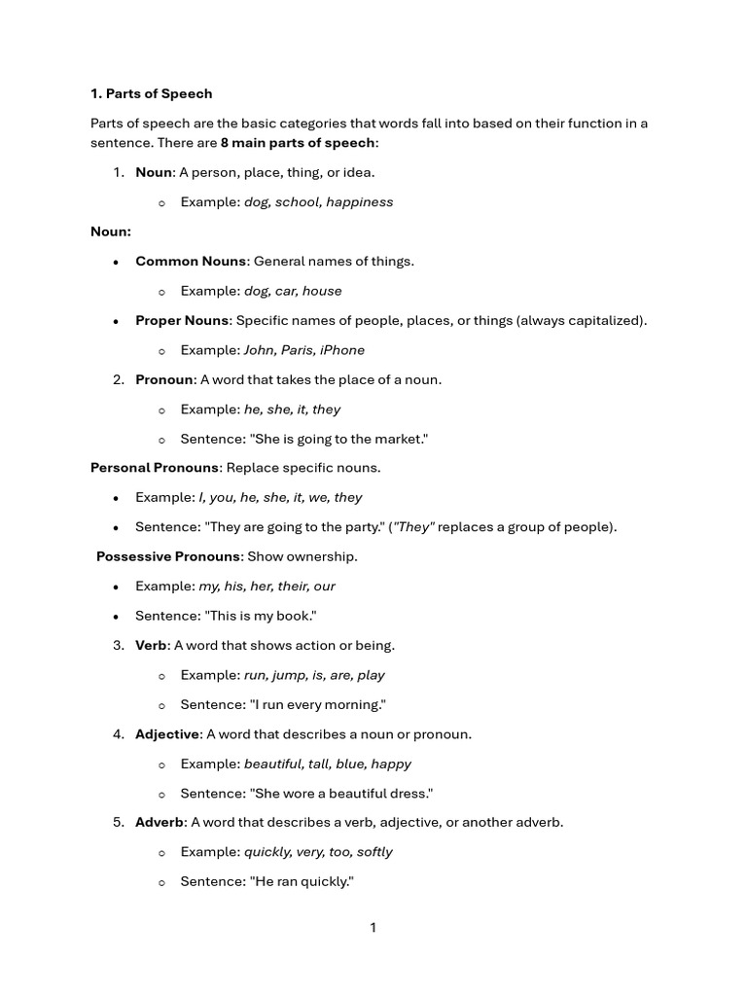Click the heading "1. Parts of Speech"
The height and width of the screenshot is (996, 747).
point(151,93)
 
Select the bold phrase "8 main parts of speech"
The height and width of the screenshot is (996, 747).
point(297,142)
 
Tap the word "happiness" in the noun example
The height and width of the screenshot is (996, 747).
point(360,202)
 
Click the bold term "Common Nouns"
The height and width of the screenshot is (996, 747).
point(191,261)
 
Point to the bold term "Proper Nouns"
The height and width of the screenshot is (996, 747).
point(182,320)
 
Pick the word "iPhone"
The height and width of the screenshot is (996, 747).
point(342,350)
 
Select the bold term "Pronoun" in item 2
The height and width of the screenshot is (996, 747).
point(164,379)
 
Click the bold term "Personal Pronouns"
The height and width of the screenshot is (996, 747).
point(156,468)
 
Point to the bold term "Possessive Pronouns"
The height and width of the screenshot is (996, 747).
point(168,556)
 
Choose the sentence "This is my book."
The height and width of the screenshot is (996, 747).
point(260,616)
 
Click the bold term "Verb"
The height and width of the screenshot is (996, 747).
point(151,645)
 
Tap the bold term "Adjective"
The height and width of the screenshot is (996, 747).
point(167,733)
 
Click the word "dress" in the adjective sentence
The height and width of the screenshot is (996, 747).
point(409,793)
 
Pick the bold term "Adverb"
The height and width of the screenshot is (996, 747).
point(160,822)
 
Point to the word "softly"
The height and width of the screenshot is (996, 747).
point(374,852)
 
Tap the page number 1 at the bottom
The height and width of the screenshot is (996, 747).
point(373,928)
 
